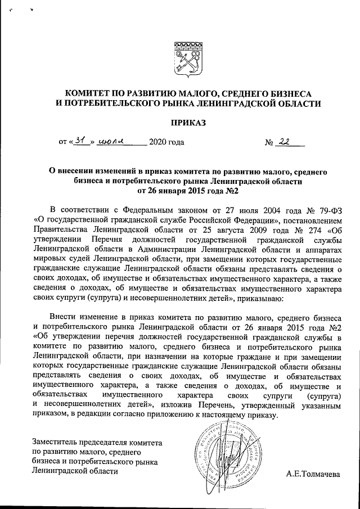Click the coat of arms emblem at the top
186,57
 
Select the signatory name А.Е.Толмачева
313,474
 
